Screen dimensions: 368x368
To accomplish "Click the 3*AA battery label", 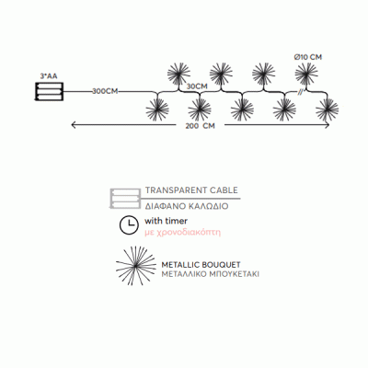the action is (49, 76).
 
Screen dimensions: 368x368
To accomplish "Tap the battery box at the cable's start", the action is (49, 91).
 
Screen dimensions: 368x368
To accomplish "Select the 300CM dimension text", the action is (105, 91).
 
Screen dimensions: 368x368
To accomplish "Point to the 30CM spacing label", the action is (197, 86).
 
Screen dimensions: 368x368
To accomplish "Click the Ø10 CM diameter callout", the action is (308, 57).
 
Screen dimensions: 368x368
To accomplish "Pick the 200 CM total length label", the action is (200, 126).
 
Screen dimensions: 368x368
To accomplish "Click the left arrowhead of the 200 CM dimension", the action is (73, 125).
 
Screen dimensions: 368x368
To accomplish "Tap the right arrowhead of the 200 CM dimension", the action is (328, 125).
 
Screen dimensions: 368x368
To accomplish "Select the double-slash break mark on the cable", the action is (300, 92).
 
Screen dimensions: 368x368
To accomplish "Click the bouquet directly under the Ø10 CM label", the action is (306, 74).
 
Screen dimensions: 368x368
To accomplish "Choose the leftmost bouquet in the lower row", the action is (157, 109).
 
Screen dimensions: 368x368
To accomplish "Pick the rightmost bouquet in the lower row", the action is (328, 109).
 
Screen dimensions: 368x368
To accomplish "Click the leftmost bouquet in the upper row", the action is (178, 74).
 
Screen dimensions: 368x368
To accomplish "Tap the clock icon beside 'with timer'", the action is (129, 225).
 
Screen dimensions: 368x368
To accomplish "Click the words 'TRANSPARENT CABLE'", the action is (191, 190).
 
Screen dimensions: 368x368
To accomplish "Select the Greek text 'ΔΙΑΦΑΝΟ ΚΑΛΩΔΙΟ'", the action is (187, 206).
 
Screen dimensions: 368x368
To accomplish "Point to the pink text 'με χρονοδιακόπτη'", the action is (183, 233).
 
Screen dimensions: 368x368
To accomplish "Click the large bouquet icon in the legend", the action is (136, 265).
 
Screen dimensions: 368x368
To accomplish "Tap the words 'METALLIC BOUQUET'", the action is (201, 265).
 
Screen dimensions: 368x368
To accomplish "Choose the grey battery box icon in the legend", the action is (124, 199).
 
